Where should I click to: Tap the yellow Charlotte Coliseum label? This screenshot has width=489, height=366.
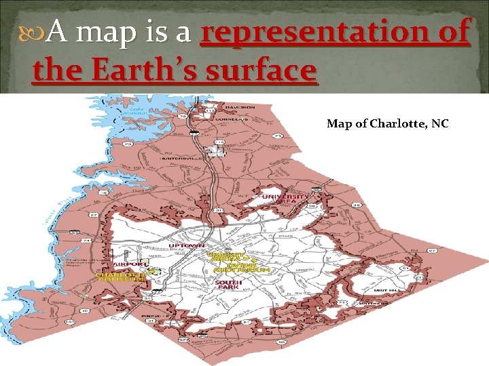[121, 277]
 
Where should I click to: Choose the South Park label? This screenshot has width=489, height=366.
[225, 285]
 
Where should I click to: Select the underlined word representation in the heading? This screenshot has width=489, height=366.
[336, 32]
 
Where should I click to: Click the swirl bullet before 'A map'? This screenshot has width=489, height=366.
[41, 30]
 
